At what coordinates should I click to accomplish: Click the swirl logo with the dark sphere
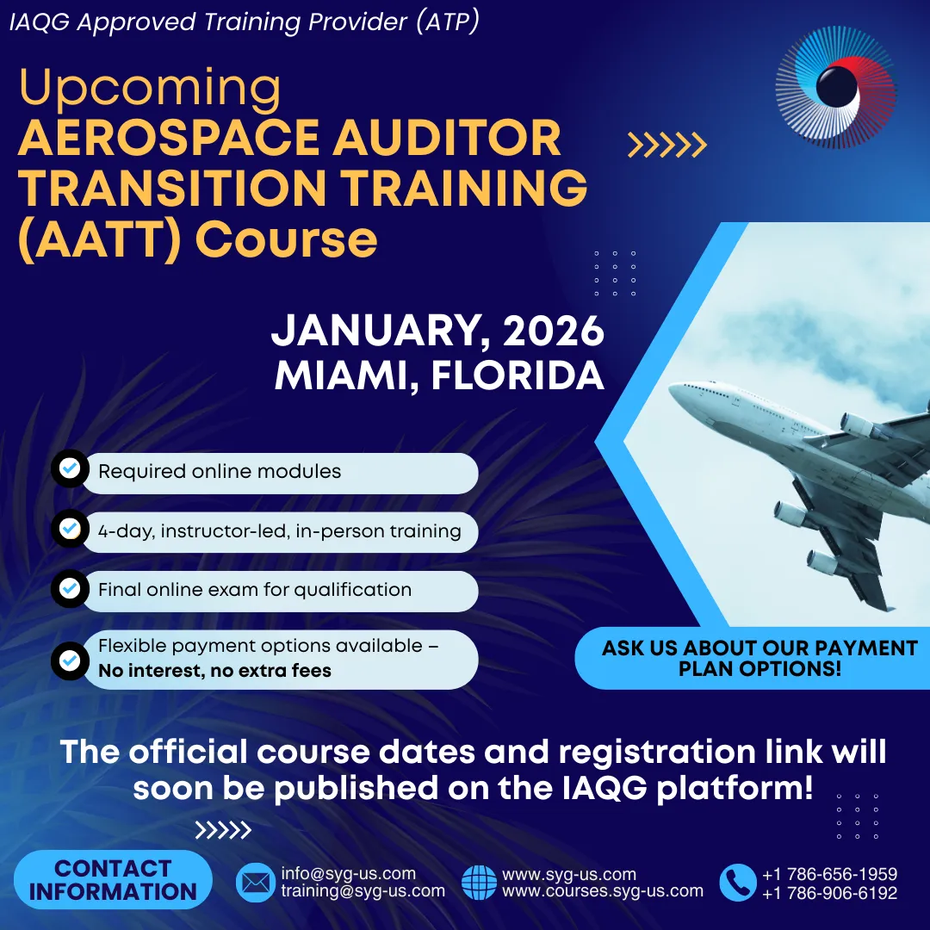coord(835,87)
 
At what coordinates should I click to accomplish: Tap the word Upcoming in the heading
coord(150,89)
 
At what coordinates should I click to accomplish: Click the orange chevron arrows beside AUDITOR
coord(667,145)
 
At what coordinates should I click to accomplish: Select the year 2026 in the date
coord(554,331)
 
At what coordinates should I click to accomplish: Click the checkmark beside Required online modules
coord(70,468)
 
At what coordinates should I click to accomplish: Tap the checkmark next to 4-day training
coord(70,528)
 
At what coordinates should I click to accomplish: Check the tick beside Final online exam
coord(70,588)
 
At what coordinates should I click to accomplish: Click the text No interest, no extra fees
coord(214,670)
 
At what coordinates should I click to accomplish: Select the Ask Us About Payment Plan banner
coord(752,658)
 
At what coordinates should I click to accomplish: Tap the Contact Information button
coord(113,879)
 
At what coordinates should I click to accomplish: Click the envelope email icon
coord(256,883)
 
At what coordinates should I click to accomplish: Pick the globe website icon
coord(480,883)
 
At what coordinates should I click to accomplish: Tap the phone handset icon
coord(738,883)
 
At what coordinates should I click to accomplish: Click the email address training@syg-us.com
coord(363,891)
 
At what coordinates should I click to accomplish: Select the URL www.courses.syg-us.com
coord(603,891)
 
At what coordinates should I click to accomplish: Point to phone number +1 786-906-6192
coord(830,893)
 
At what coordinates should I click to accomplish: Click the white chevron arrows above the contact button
coord(223,830)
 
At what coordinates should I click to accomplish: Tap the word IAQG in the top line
coord(39,22)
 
